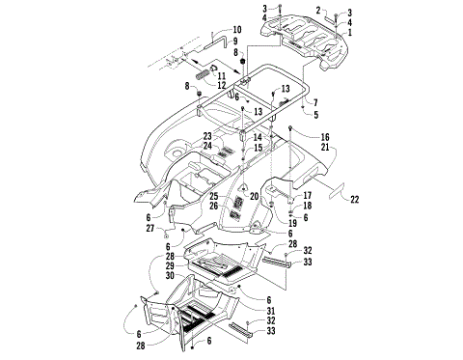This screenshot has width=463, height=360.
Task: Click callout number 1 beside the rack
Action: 350,33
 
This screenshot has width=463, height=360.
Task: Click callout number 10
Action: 238,30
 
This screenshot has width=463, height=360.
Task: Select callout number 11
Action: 222,75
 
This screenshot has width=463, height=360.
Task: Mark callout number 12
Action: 222,85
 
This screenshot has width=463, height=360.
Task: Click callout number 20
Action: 256,196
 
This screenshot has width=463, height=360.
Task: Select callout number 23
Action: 206,136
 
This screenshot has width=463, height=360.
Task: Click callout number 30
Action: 171,276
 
